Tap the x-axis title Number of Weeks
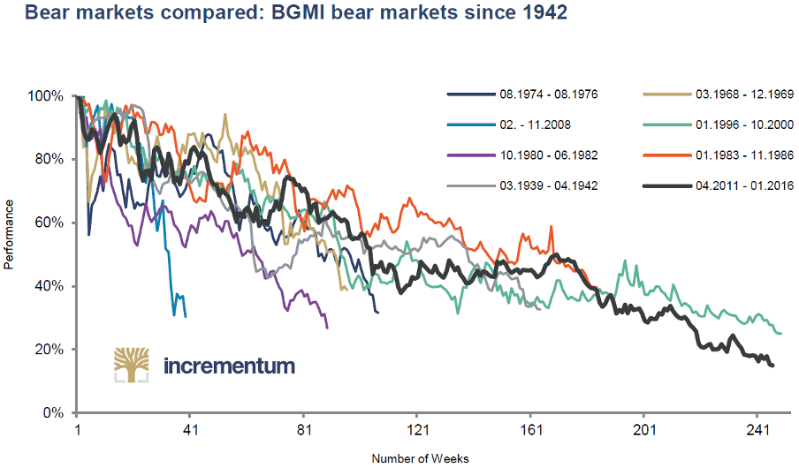point(420,458)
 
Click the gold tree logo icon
point(130,365)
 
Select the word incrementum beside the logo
point(230,366)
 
